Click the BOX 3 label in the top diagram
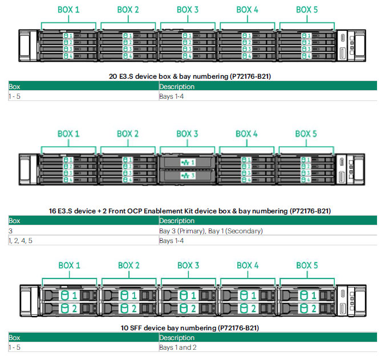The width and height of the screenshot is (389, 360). pos(188,10)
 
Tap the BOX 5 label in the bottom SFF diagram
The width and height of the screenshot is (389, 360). pos(307,265)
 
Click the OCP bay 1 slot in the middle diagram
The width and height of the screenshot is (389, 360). pos(188,162)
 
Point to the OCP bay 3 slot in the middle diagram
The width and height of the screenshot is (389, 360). pos(188,176)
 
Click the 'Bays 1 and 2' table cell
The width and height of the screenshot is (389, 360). pos(178,347)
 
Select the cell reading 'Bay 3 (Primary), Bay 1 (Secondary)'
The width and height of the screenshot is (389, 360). pos(211,231)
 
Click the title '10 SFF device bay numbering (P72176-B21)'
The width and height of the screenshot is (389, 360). pos(194,328)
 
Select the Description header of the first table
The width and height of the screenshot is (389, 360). pos(177,87)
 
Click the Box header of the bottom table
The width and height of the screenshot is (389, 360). pos(14,338)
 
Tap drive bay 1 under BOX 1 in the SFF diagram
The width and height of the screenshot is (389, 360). pos(70,296)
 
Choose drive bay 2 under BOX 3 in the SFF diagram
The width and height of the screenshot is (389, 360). pos(188,309)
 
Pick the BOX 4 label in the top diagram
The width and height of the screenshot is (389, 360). pos(247,10)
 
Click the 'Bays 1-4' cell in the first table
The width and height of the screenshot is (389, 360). pos(172,96)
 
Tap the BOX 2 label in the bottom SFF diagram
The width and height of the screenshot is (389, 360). pos(129,265)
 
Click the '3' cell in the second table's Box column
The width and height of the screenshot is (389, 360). pos(10,231)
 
